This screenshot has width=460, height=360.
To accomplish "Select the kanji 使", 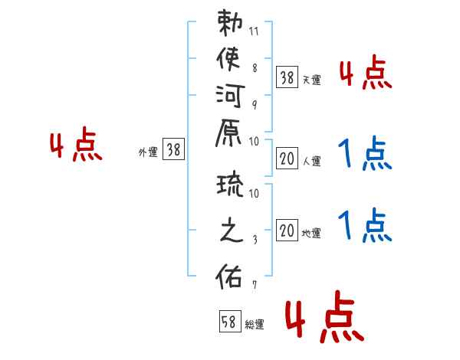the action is click(228, 59).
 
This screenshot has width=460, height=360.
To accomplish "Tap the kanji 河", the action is click(230, 96).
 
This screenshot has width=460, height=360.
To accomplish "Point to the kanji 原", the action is click(228, 133).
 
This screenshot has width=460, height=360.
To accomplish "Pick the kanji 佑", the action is click(228, 276).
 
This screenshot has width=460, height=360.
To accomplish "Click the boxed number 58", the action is click(230, 321).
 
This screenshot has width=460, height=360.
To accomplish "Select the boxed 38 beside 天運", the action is click(287, 77).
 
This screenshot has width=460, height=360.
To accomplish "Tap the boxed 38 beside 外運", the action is click(174, 149).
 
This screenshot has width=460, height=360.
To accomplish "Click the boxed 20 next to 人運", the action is click(287, 159).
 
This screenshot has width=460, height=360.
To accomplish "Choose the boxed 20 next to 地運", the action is click(287, 230).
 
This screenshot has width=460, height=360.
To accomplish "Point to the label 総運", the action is click(255, 324).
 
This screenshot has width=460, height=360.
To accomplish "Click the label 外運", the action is click(148, 152).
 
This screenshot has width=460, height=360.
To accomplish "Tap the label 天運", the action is click(311, 80).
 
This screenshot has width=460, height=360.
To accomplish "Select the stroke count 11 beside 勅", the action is click(254, 31).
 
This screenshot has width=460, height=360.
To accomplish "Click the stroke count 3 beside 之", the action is click(255, 240).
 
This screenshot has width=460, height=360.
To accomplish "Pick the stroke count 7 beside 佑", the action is click(255, 285).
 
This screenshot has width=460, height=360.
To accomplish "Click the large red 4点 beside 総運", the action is click(325, 316).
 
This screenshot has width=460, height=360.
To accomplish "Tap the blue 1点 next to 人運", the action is click(365, 153).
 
